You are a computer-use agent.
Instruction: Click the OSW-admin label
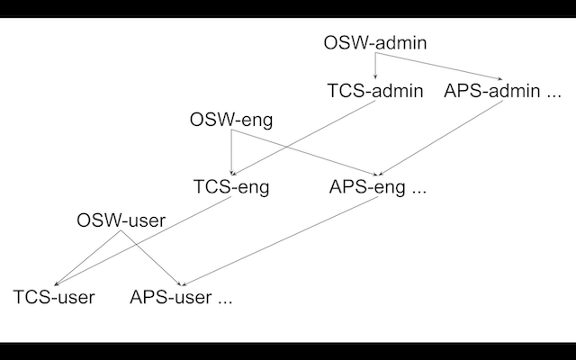tap(374, 42)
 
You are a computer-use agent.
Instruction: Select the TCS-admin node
tap(374, 91)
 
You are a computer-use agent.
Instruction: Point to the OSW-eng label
tap(231, 120)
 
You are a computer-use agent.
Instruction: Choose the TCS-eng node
tap(231, 188)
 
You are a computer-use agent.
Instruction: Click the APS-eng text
tap(367, 188)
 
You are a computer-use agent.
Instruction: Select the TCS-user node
tap(54, 297)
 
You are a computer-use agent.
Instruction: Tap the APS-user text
tap(171, 297)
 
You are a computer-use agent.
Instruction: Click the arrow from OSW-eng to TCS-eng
tap(232, 153)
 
